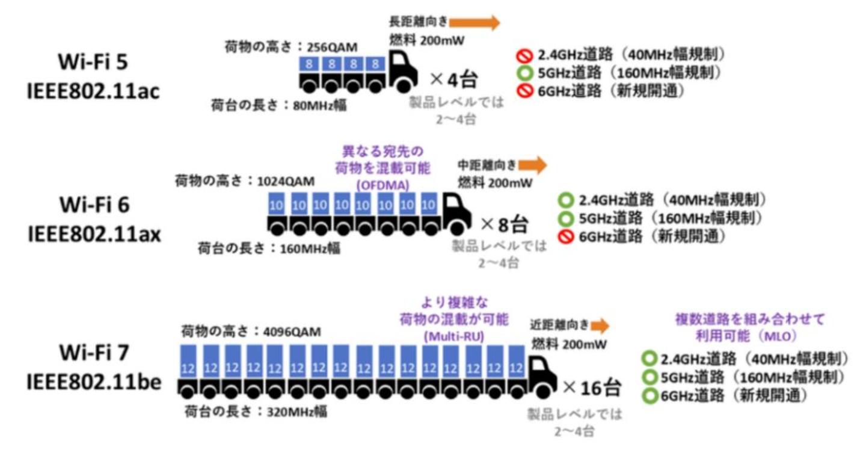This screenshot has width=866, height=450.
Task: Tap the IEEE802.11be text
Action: pyautogui.click(x=94, y=383)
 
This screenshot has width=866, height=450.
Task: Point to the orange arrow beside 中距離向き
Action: pyautogui.click(x=532, y=164)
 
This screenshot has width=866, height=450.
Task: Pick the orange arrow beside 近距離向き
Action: pyautogui.click(x=600, y=326)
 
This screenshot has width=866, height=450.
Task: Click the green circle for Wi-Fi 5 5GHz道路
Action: pyautogui.click(x=522, y=73)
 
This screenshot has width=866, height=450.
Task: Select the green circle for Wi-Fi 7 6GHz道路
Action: pyautogui.click(x=649, y=396)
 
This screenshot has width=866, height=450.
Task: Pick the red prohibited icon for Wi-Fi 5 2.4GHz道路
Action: pyautogui.click(x=522, y=55)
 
